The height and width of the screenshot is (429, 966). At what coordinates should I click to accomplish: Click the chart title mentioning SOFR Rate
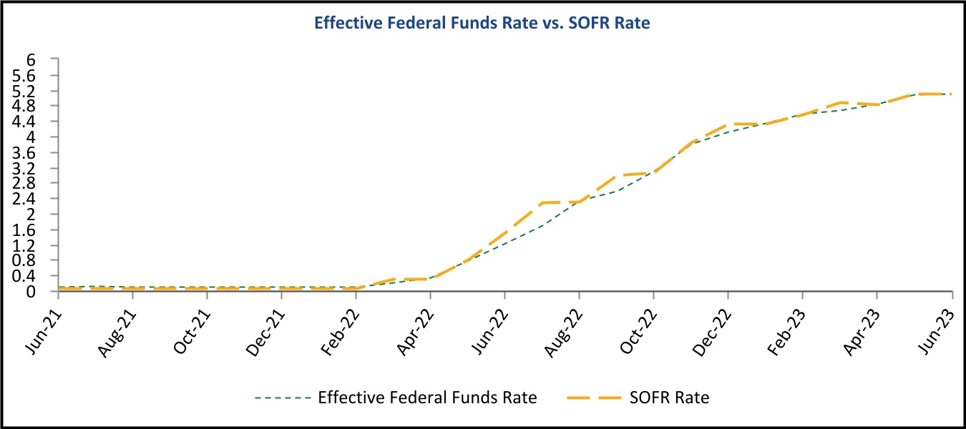click(x=482, y=24)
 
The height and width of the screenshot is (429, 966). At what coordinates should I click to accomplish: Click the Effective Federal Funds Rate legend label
click(x=427, y=398)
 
